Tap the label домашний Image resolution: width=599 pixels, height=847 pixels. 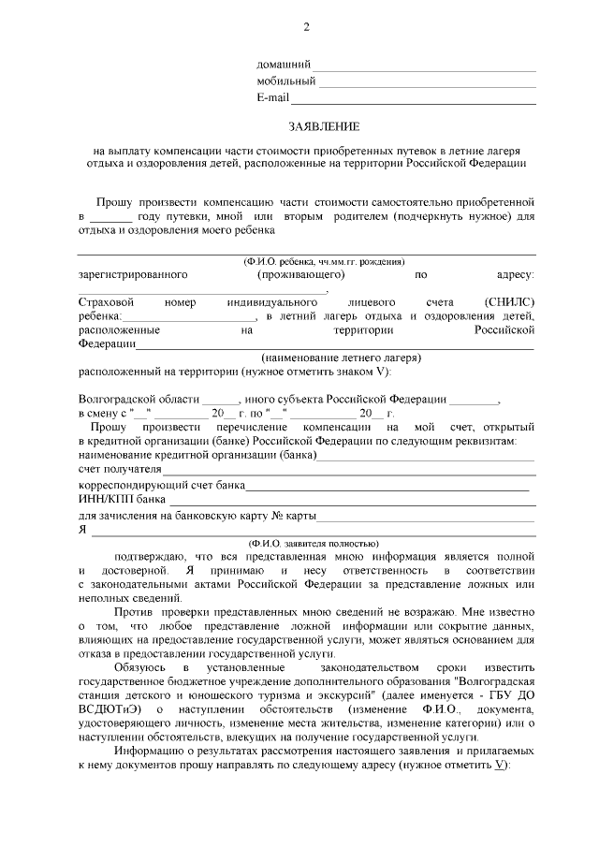coord(284,65)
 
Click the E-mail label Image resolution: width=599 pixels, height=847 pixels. coord(272,97)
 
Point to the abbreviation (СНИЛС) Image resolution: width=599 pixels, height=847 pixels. coord(510,302)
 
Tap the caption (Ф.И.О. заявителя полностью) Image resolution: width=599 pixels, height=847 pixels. coord(313,542)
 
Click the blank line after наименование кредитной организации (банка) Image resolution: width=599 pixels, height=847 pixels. coord(426,454)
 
